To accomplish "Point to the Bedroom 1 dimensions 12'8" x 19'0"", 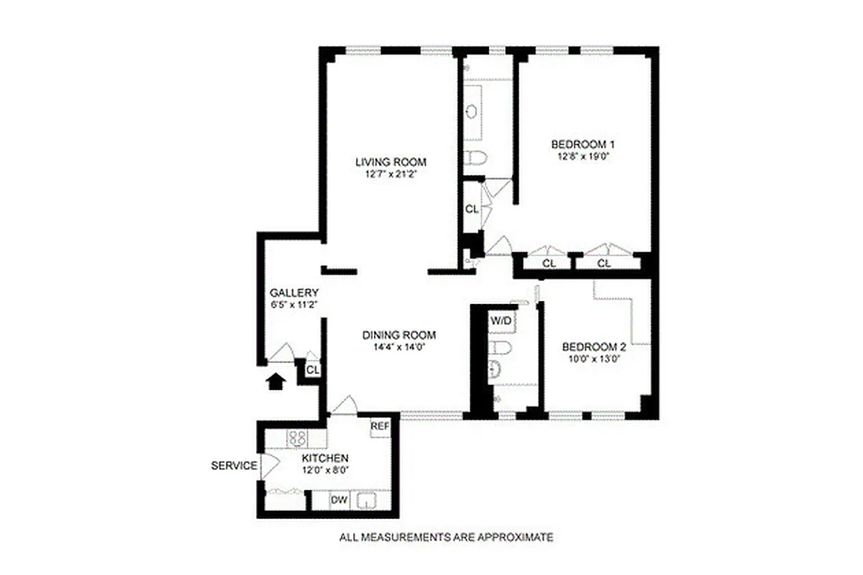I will coord(583,155).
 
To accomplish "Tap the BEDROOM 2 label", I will coord(593,346).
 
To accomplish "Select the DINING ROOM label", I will coord(399,335).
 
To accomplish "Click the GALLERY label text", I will coord(293,293).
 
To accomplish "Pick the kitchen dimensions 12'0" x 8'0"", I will coord(325,471).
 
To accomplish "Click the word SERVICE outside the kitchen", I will coord(234,466).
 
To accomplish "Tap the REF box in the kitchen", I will coord(380,426).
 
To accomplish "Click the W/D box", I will coord(501,321).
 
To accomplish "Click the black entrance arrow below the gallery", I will coord(275,380).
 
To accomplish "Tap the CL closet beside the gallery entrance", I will coord(312,369).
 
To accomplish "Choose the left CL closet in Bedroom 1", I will coord(549,263).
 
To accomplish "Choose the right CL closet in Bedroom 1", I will coord(604,263).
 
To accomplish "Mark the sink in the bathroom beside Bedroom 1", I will coord(472,111).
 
